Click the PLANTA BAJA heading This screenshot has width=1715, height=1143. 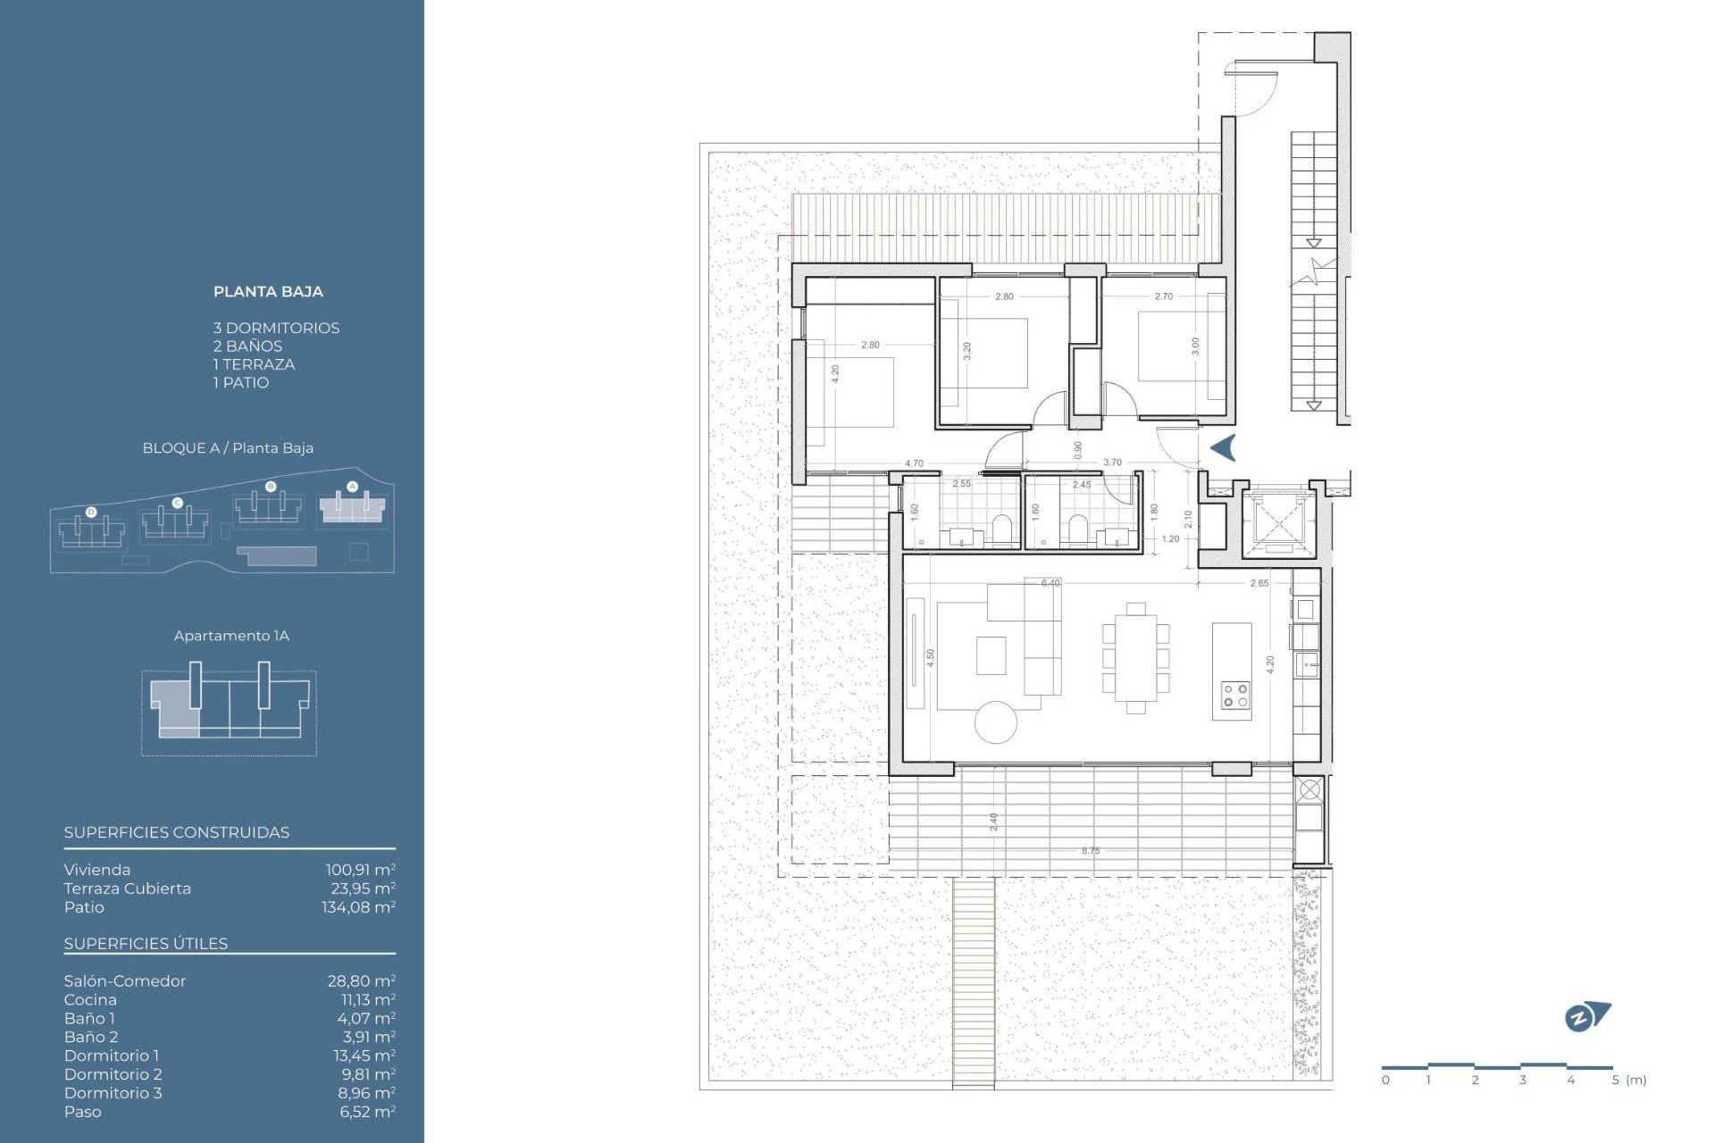[x=268, y=292]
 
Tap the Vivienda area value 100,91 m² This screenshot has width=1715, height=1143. [x=360, y=870]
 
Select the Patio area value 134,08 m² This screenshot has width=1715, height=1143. [x=358, y=907]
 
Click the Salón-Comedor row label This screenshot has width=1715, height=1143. [x=125, y=981]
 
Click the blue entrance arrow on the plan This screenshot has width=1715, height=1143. [x=1224, y=447]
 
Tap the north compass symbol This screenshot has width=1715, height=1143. [x=1586, y=1017]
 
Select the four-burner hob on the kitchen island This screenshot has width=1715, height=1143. [x=1235, y=696]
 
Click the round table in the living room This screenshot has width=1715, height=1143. [x=996, y=722]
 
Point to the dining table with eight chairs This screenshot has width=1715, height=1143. [x=1135, y=659]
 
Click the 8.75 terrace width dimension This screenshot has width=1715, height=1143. [x=1091, y=851]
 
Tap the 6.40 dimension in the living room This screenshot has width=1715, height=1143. [x=1050, y=583]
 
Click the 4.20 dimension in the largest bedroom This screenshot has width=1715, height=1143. [x=835, y=374]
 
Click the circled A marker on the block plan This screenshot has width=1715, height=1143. [x=352, y=487]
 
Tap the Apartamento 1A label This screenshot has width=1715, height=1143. [x=231, y=636]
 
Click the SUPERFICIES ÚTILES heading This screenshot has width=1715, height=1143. [x=146, y=944]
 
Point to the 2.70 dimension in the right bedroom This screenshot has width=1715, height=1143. [x=1163, y=296]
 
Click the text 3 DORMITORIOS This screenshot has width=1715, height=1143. [x=276, y=328]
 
